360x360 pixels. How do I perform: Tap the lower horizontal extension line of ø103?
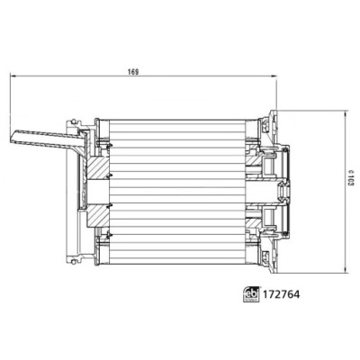(310, 267)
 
